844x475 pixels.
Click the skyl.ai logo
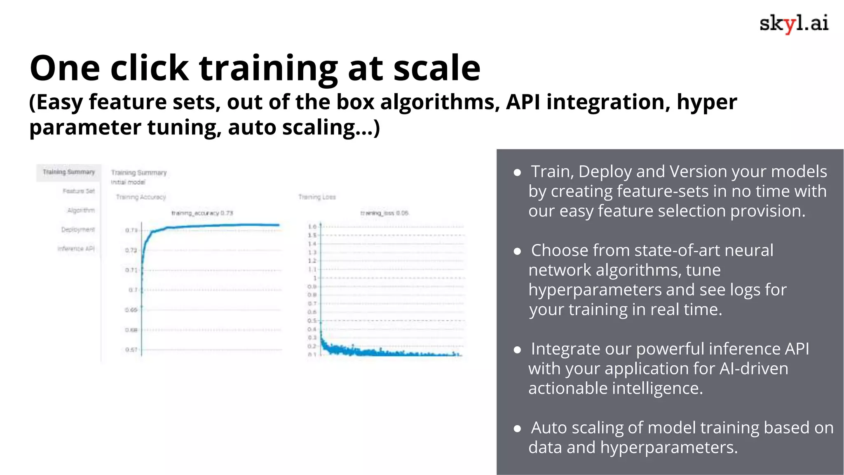[793, 24]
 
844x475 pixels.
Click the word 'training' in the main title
[268, 68]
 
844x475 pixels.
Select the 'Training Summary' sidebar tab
[68, 172]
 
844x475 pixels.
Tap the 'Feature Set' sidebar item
[78, 191]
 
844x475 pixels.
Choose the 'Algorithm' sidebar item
[81, 210]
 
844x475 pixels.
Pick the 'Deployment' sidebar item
[78, 230]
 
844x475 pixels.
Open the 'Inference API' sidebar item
[76, 249]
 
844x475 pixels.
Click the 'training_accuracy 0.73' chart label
[202, 213]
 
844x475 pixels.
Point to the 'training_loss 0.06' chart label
[384, 213]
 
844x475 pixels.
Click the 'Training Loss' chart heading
[317, 197]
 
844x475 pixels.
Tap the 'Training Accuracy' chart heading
[141, 197]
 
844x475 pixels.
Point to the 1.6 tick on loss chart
[312, 227]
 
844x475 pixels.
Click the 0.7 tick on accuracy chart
[133, 290]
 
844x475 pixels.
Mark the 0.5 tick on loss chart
[312, 321]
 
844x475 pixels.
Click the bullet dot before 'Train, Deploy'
[517, 172]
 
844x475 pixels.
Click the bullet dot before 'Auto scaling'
[517, 429]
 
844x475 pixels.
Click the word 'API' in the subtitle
[523, 102]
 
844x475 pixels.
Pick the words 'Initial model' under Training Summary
[128, 182]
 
